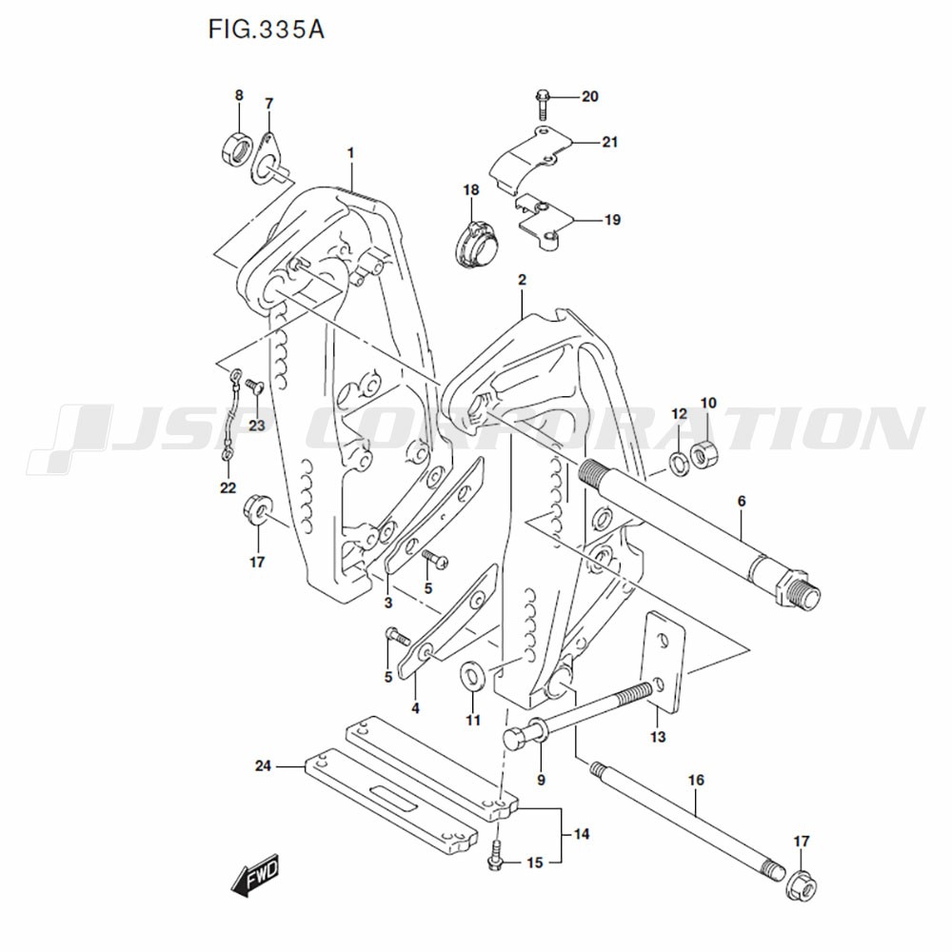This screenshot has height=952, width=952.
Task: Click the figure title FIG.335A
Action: click(x=266, y=30)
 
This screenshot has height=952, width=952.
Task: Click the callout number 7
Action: click(x=269, y=103)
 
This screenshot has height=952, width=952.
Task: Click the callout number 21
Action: click(x=609, y=143)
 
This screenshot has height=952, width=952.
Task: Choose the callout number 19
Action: click(x=611, y=220)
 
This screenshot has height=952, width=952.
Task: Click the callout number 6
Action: click(x=742, y=501)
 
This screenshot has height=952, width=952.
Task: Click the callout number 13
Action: click(x=658, y=737)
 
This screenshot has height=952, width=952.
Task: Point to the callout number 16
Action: click(x=696, y=781)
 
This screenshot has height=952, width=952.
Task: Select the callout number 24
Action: click(x=264, y=765)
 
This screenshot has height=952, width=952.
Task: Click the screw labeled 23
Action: click(x=253, y=386)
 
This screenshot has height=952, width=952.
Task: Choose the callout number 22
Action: click(x=227, y=488)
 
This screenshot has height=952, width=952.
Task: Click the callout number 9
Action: click(x=541, y=780)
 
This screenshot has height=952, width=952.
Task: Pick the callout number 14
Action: click(x=582, y=835)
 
